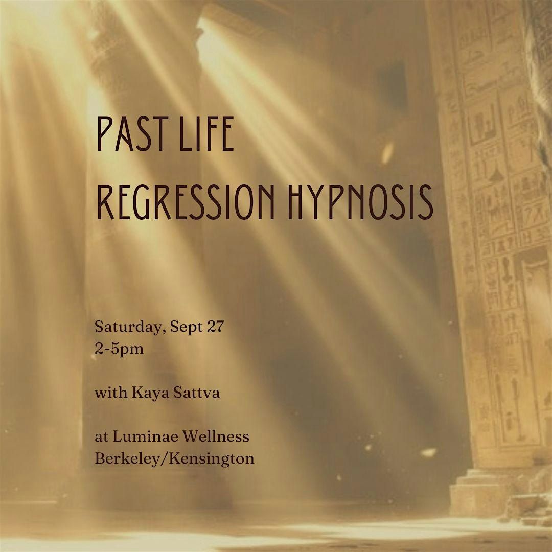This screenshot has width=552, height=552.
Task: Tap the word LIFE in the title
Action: (206, 134)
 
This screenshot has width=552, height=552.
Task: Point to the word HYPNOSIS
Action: (360, 202)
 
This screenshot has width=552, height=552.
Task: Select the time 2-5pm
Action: (119, 350)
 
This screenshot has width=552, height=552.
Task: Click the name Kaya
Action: (148, 393)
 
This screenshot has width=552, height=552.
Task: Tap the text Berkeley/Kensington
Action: (174, 458)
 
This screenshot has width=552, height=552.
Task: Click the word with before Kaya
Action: (111, 392)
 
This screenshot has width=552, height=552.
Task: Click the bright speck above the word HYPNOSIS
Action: (387, 153)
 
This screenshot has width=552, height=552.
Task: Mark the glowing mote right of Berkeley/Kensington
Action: (428, 452)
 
